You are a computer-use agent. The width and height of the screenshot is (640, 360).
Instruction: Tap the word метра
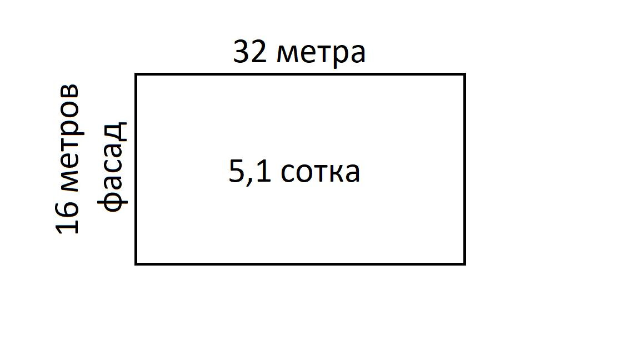click(321, 54)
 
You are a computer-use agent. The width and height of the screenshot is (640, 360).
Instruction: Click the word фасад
click(113, 167)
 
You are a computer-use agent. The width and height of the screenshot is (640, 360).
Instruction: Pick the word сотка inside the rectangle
click(321, 172)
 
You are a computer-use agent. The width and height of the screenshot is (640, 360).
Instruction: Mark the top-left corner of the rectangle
click(137, 74)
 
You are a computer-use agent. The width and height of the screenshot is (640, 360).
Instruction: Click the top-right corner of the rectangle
click(464, 74)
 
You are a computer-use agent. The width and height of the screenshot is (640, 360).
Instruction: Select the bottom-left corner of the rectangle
click(137, 263)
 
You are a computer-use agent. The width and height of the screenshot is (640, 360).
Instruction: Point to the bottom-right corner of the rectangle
click(464, 263)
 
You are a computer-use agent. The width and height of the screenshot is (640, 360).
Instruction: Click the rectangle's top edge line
click(300, 74)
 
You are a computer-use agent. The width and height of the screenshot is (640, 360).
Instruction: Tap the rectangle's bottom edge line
click(300, 263)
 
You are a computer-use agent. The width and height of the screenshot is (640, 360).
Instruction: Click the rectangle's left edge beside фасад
click(137, 167)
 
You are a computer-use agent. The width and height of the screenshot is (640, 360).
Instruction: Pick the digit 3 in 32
click(242, 53)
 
